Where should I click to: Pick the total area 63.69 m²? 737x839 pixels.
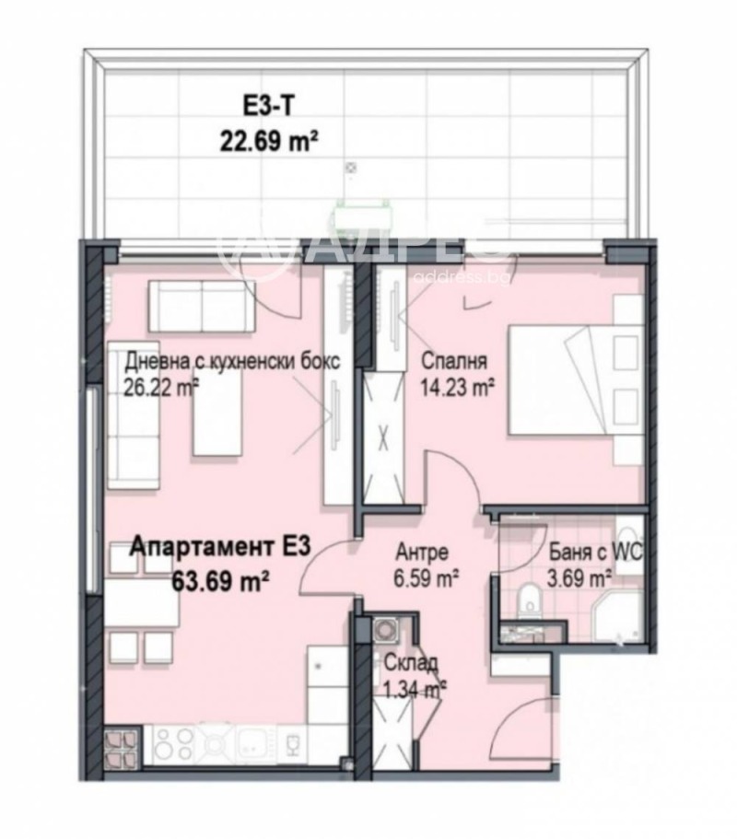221,580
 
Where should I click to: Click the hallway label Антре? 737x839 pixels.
422,553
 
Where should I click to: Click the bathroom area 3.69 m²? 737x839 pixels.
580,578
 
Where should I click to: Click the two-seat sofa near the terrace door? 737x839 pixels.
202,305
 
